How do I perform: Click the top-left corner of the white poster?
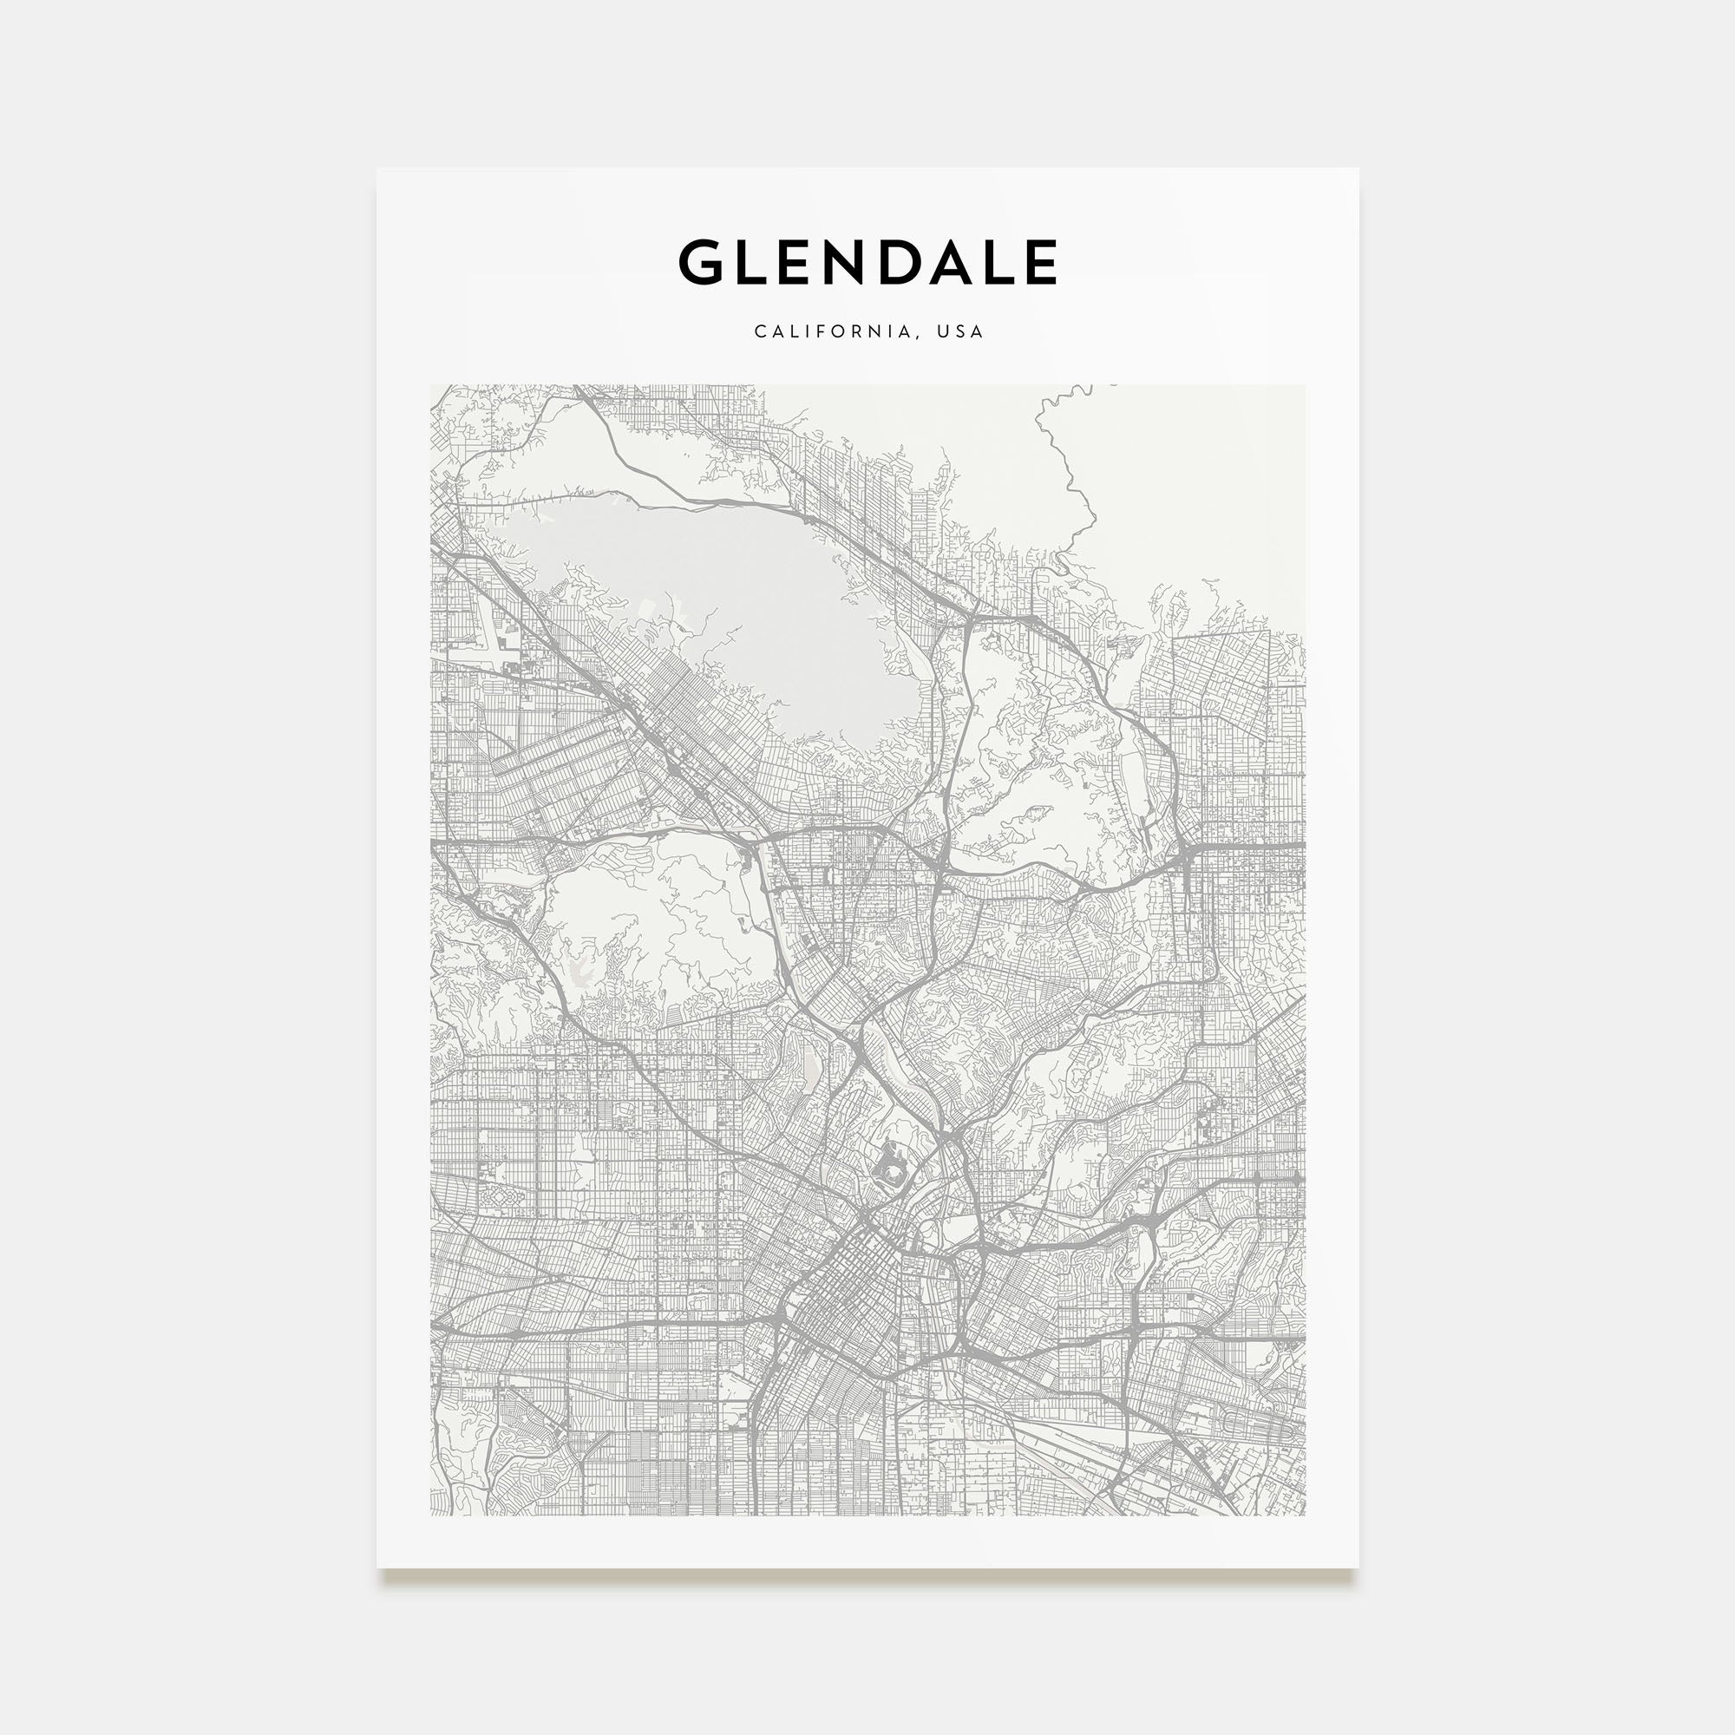coord(377,169)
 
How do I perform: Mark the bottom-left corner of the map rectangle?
coord(430,1516)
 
